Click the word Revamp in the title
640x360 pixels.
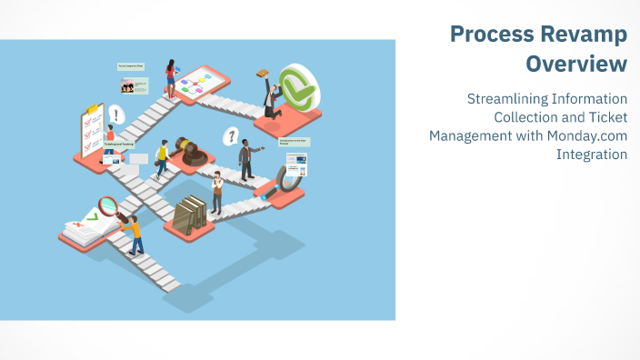click(x=582, y=35)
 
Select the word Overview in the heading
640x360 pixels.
click(x=576, y=65)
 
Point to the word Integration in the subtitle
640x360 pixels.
click(x=592, y=155)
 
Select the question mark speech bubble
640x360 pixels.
click(x=232, y=136)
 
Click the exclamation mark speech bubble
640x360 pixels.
click(x=115, y=115)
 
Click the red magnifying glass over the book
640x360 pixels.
click(x=112, y=208)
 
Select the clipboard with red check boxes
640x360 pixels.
click(x=92, y=132)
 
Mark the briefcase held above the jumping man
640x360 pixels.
click(x=263, y=74)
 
